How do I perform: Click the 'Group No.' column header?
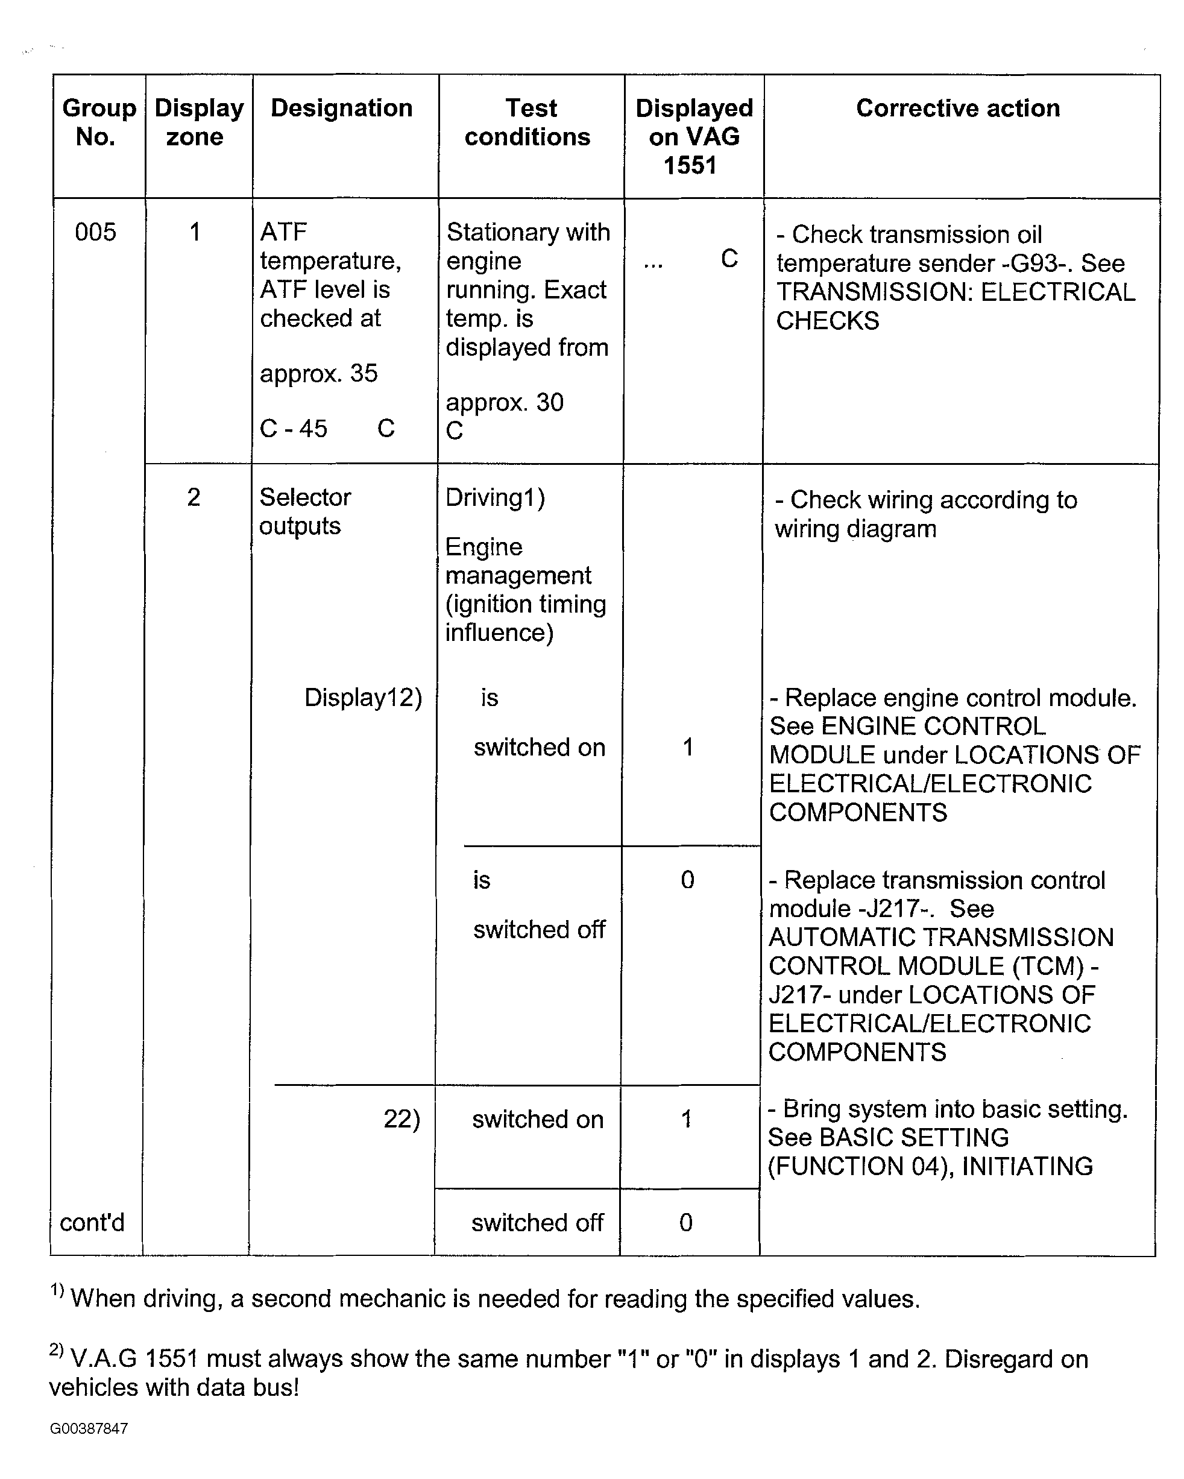98,122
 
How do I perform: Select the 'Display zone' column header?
198,122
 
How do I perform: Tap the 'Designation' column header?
342,109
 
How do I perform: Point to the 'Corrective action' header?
957,109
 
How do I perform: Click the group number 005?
95,232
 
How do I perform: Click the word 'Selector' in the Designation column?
305,497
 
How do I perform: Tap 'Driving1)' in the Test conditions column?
494,497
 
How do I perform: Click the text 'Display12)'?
363,698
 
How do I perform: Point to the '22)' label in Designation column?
401,1119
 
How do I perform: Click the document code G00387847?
89,1428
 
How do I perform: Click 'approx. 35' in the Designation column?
319,374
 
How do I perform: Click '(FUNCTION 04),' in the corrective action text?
861,1166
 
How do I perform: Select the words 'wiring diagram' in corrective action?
855,529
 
